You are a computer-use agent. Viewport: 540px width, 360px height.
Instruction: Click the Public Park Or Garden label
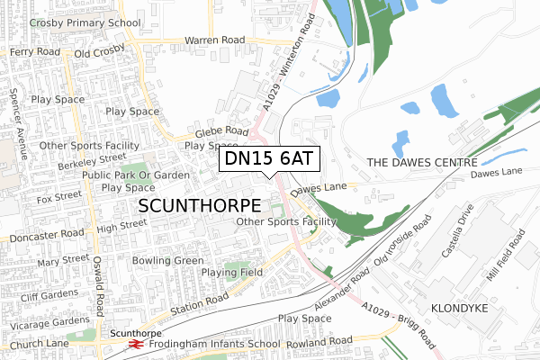(x=135, y=175)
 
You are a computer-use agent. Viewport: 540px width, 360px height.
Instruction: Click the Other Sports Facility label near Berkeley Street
(x=92, y=145)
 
